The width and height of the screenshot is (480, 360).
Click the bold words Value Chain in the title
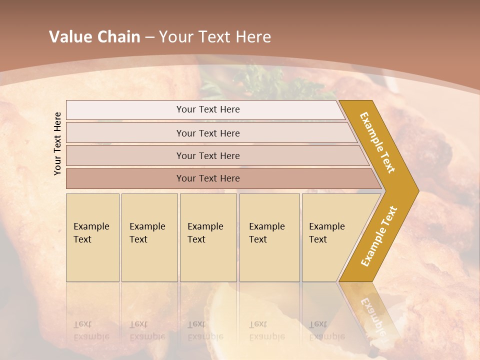pos(94,37)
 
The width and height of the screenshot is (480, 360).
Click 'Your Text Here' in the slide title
pos(214,37)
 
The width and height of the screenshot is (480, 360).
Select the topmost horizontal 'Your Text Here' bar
pos(207,109)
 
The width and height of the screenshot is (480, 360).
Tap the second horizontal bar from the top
pos(207,133)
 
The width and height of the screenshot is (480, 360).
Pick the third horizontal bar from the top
pos(207,155)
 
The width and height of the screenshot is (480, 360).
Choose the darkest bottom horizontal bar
pos(207,178)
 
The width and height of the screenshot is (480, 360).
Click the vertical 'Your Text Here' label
pos(57,143)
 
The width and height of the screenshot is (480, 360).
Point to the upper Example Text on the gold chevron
pos(378,142)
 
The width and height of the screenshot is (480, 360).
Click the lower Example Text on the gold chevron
pos(379,236)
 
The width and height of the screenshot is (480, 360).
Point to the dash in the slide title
pos(149,37)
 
